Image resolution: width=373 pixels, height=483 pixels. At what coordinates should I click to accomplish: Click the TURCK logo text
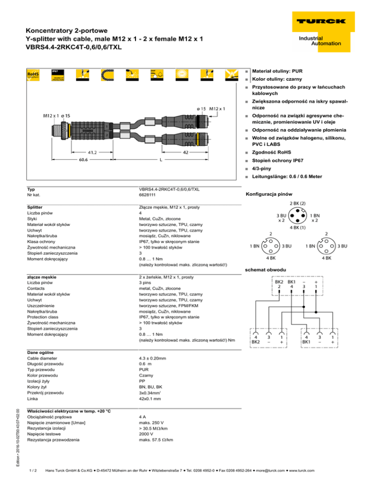point(321,21)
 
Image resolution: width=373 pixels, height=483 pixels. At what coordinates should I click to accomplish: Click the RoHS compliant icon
point(33,75)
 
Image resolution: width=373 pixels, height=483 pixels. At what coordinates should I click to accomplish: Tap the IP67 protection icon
point(58,75)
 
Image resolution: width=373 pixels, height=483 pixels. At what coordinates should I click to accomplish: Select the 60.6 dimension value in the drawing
point(83,159)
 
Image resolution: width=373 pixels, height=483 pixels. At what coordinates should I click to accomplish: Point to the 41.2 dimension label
point(92,152)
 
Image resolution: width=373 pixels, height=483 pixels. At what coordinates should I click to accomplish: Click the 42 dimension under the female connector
point(186,152)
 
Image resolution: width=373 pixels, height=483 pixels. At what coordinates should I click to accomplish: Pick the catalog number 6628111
point(147,195)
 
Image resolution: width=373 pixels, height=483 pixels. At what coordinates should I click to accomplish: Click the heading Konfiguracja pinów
point(269,194)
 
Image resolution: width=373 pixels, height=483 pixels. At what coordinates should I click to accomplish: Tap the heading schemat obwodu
point(266,270)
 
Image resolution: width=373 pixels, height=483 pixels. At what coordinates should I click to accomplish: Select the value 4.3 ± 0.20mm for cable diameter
point(153,358)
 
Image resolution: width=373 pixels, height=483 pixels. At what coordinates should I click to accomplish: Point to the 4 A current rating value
point(142,417)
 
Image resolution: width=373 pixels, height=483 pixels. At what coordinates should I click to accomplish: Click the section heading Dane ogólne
point(40,352)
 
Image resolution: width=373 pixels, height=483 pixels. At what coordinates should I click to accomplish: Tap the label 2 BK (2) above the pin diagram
point(298,203)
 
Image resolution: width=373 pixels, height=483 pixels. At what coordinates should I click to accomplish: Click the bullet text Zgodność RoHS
point(271,152)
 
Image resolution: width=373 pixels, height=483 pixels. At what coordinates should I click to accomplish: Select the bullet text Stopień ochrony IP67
point(277,160)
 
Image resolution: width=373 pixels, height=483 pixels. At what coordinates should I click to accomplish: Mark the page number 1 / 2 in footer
point(33,470)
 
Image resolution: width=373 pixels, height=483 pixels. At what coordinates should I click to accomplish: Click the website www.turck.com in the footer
point(302,470)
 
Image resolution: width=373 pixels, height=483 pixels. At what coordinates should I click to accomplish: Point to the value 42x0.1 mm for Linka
point(150,398)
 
